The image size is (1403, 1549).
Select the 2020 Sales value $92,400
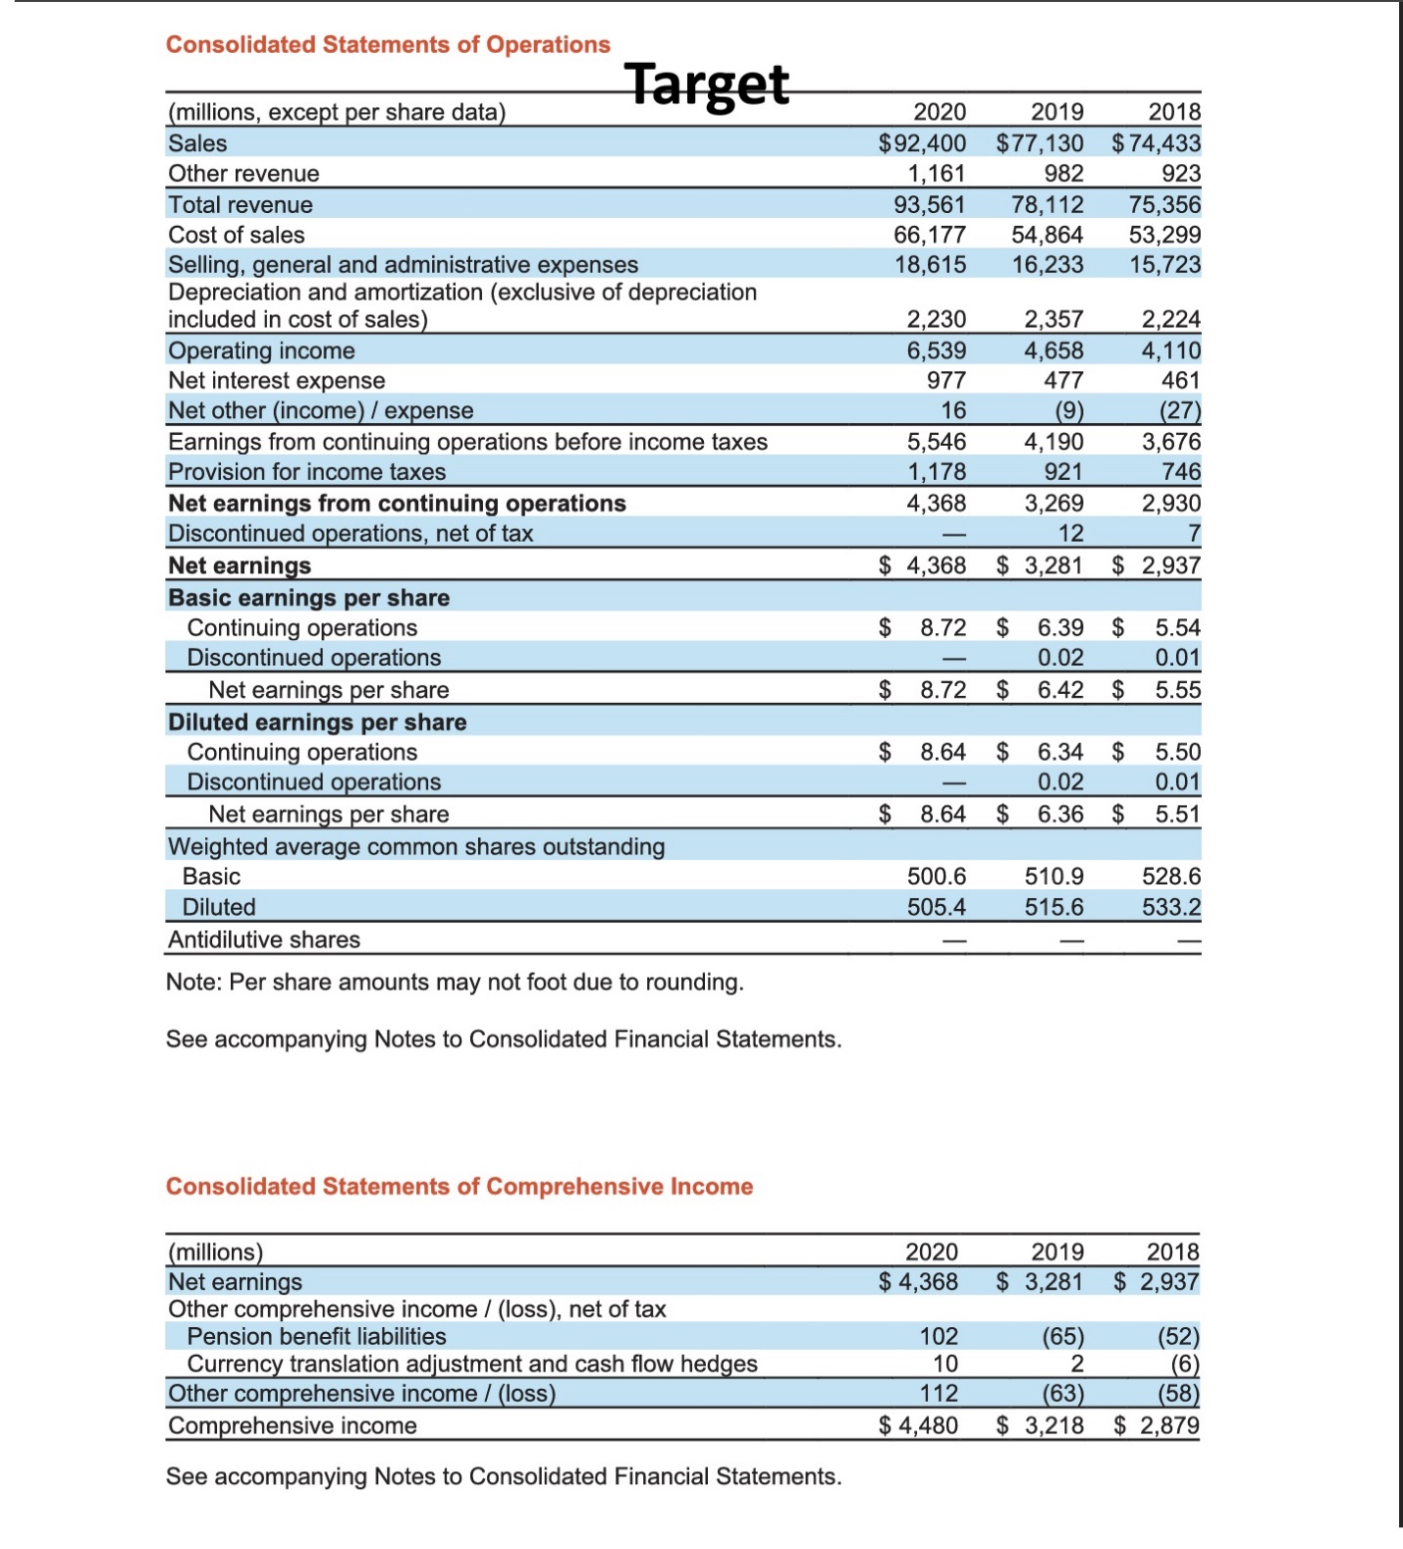click(x=922, y=143)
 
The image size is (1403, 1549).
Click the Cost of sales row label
click(x=237, y=235)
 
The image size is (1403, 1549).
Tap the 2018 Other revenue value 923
click(x=1180, y=174)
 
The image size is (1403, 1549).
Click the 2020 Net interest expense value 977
click(x=946, y=380)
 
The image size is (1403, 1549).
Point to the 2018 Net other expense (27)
click(x=1179, y=410)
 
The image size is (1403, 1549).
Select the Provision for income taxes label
click(x=306, y=472)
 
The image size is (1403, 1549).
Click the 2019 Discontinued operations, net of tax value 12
click(x=1070, y=533)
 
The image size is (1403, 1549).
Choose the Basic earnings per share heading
click(x=308, y=598)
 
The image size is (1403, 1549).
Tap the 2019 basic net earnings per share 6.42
click(x=1060, y=689)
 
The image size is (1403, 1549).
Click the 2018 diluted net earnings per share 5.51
click(x=1177, y=814)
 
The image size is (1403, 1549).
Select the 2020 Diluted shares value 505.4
click(x=936, y=907)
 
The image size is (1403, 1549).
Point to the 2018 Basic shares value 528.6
click(x=1170, y=876)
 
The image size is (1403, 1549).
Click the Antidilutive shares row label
click(x=264, y=939)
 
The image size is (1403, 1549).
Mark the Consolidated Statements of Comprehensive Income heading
click(x=459, y=1186)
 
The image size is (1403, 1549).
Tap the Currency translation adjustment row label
click(x=472, y=1363)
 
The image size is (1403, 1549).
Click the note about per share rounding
click(x=455, y=982)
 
